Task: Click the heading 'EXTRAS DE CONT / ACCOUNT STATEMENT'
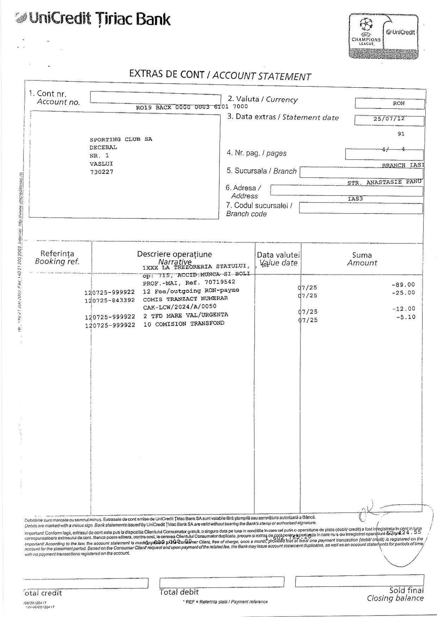pos(220,75)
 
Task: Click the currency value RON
pos(398,103)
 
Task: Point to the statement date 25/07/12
pos(389,119)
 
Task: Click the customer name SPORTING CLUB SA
pos(121,139)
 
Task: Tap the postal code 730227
pos(101,172)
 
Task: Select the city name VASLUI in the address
pos(101,164)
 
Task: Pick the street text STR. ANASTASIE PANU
pos(385,182)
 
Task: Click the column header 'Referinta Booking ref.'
pos(57,257)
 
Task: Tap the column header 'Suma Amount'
pos(362,259)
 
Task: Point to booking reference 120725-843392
pos(110,300)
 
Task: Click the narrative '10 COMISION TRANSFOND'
pos(184,324)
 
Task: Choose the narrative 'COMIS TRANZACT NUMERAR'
pos(185,298)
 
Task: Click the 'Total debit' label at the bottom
pos(179,592)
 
